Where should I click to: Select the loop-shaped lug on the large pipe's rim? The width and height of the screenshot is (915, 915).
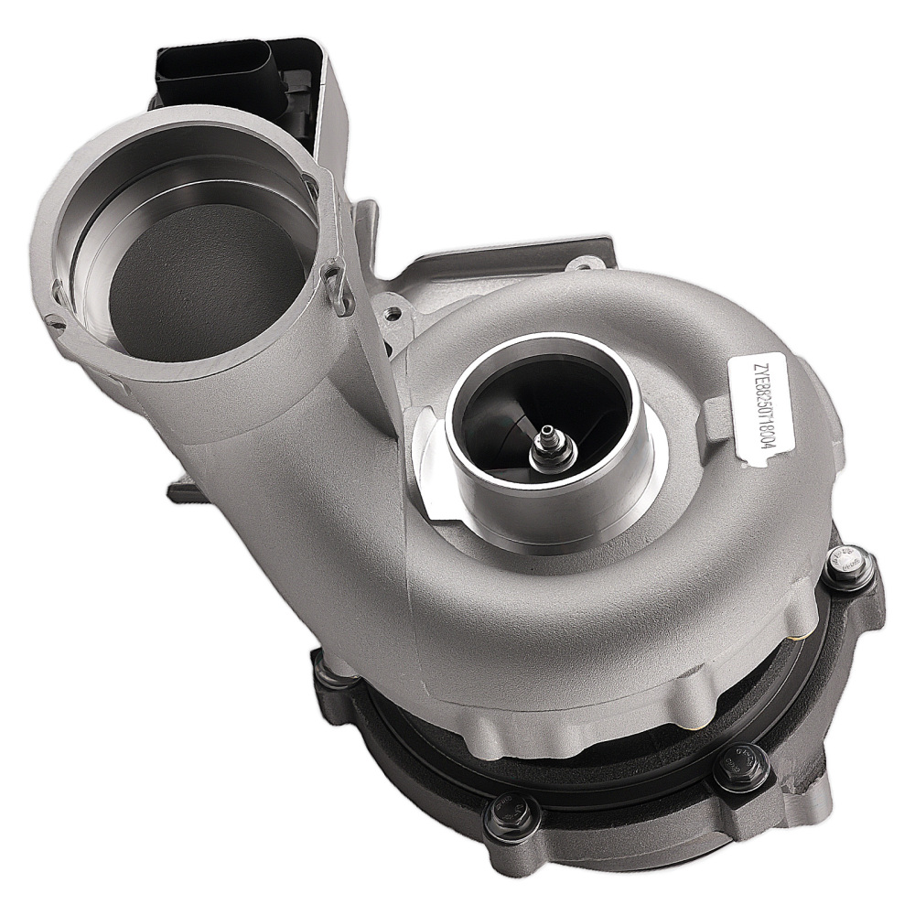click(x=337, y=284)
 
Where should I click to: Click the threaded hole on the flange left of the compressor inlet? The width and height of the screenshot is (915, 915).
click(x=393, y=312)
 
